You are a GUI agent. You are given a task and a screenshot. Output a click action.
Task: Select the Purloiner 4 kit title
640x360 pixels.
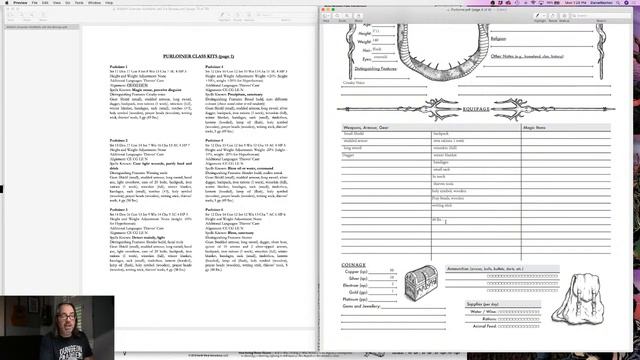217,68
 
